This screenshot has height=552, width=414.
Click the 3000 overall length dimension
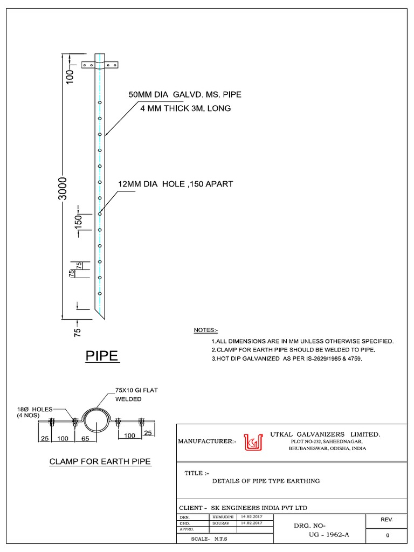(63, 188)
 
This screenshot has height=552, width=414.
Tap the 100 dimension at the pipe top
(69, 76)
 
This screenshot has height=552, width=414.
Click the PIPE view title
(102, 356)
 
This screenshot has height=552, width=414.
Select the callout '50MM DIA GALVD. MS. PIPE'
(184, 95)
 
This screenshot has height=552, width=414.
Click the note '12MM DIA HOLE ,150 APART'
(175, 184)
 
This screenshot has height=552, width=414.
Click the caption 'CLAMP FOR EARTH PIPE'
(100, 461)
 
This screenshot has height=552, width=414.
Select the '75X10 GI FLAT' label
(136, 390)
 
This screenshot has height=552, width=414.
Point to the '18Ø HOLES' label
(32, 410)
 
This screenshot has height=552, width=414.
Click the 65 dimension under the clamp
(85, 438)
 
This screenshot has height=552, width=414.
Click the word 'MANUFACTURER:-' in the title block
(207, 442)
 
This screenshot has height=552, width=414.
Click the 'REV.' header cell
(386, 520)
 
